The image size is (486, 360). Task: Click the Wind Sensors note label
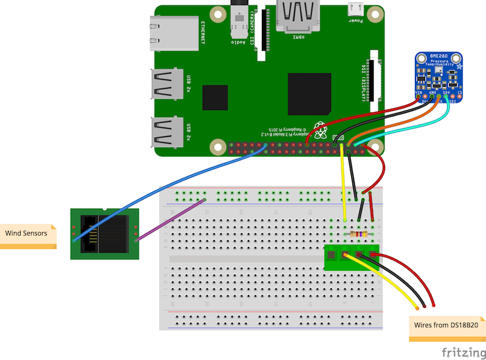27,233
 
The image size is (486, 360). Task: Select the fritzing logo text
462,352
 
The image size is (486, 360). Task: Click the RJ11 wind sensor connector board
104,233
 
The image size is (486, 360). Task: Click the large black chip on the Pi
309,93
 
